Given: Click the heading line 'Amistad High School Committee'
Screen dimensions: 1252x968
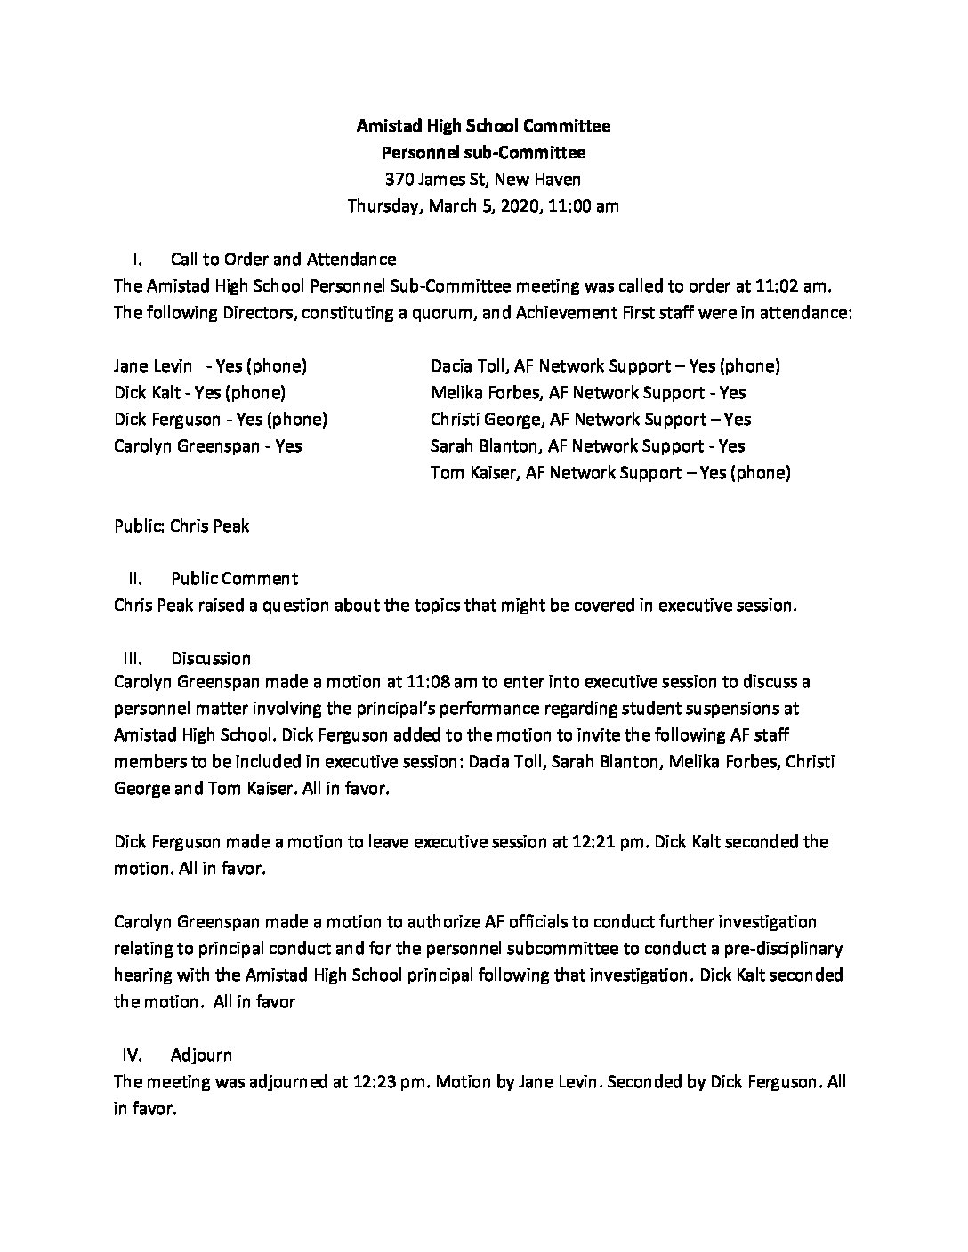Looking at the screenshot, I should [483, 126].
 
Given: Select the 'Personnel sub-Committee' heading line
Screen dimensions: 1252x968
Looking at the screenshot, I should [483, 153].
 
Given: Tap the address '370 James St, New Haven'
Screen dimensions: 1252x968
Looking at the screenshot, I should [483, 180].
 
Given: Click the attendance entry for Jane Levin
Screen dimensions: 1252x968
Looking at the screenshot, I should [210, 365].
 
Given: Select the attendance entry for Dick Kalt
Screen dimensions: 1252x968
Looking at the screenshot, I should [199, 392].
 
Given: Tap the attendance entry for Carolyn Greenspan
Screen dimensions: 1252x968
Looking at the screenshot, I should [207, 445].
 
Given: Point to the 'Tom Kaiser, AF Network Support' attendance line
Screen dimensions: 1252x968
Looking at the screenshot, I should [610, 472].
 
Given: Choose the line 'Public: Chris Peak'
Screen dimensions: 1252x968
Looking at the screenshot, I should [181, 526].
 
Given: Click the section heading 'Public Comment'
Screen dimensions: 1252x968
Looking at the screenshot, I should [234, 579].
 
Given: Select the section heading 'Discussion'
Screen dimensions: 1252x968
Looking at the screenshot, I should [211, 659].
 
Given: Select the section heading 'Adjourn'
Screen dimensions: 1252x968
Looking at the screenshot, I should [201, 1055].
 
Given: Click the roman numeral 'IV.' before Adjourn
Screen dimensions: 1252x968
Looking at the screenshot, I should [133, 1055].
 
